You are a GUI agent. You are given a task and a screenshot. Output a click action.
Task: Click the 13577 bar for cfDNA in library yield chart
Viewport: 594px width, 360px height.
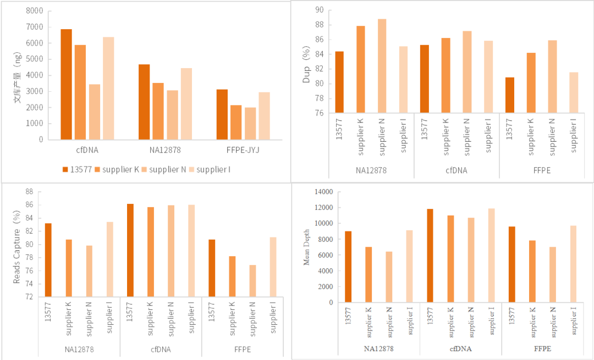(x=66, y=84)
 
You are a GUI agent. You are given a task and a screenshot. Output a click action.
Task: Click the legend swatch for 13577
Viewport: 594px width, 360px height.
(x=65, y=169)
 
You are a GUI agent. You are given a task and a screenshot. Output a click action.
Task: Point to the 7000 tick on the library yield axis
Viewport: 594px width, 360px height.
(x=35, y=27)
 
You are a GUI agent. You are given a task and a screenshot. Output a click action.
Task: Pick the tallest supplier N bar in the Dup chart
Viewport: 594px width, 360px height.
(x=382, y=66)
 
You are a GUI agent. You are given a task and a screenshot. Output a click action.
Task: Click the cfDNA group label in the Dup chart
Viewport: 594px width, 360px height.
(x=457, y=170)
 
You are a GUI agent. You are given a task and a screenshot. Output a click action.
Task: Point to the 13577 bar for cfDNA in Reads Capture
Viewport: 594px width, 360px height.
(x=130, y=250)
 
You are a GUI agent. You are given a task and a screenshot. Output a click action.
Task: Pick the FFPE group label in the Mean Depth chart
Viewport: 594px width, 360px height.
(x=542, y=348)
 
